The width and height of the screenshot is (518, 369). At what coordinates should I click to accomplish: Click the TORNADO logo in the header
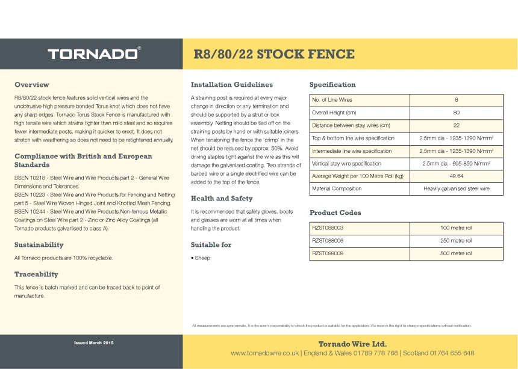point(94,54)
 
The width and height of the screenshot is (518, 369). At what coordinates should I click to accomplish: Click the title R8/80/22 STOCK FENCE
point(273,54)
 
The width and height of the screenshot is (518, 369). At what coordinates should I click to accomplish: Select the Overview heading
point(32,84)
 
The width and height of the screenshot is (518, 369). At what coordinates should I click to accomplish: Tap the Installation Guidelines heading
point(232,84)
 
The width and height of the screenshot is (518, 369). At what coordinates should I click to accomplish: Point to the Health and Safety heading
point(222,198)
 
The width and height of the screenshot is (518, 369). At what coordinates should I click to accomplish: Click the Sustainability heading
point(39,244)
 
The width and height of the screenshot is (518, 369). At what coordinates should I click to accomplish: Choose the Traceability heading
point(36,274)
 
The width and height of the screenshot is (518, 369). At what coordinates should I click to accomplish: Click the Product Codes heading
point(335,212)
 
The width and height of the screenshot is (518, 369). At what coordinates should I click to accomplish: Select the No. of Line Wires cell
point(332,100)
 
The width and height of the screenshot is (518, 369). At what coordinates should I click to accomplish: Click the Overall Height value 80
point(456,113)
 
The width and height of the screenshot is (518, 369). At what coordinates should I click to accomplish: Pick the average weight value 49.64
point(456,176)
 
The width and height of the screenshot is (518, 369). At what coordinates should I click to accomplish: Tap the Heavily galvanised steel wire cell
point(456,188)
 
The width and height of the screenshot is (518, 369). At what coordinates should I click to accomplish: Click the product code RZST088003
point(328,228)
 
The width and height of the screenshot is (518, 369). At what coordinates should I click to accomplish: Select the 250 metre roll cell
point(456,241)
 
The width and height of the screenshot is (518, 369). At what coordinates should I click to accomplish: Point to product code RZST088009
point(328,253)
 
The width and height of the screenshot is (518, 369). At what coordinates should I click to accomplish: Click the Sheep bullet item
point(202,258)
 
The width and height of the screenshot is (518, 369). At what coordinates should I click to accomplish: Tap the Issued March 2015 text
point(93,343)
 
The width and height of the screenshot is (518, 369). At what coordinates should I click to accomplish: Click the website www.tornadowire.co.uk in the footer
point(265,353)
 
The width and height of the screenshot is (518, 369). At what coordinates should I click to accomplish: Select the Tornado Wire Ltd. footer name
point(352,343)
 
